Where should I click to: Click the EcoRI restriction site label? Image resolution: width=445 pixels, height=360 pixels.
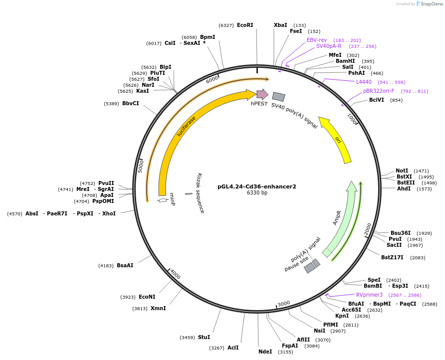pyautogui.click(x=245, y=25)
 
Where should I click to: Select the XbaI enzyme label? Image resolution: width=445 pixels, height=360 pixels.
pyautogui.click(x=280, y=25)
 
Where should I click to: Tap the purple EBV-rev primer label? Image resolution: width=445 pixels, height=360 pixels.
pyautogui.click(x=317, y=40)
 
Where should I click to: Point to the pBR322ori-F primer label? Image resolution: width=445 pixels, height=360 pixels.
pyautogui.click(x=379, y=91)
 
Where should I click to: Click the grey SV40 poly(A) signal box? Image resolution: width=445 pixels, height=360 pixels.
pyautogui.click(x=279, y=97)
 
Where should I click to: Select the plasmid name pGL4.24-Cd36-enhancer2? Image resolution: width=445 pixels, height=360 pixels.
pyautogui.click(x=257, y=186)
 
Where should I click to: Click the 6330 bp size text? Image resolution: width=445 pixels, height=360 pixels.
pyautogui.click(x=257, y=192)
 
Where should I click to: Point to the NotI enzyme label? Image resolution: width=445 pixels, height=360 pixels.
pyautogui.click(x=402, y=171)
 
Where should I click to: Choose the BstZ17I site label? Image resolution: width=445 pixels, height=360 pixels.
pyautogui.click(x=392, y=257)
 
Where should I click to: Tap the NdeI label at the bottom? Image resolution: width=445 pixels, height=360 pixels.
pyautogui.click(x=265, y=352)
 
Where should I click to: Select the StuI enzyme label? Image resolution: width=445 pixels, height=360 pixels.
pyautogui.click(x=204, y=337)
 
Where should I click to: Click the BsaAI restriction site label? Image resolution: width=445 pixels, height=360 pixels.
pyautogui.click(x=125, y=265)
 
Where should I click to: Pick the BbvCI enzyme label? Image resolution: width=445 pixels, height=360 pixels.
pyautogui.click(x=131, y=103)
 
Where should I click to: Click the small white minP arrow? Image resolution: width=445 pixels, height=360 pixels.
pyautogui.click(x=163, y=200)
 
